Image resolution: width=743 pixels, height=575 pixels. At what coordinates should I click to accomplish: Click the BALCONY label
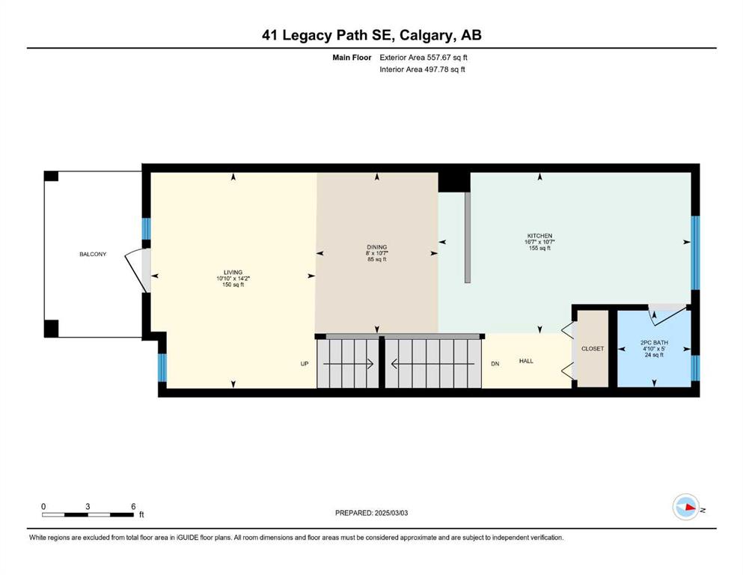tap(93, 254)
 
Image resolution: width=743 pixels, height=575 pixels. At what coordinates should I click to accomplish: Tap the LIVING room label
tap(233, 273)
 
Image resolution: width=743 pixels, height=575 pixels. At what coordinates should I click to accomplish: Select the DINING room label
tap(376, 247)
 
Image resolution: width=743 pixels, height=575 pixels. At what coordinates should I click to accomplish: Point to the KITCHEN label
tap(539, 236)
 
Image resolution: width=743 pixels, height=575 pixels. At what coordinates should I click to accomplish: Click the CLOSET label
tap(593, 348)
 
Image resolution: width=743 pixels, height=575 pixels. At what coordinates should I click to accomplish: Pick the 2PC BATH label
tap(655, 342)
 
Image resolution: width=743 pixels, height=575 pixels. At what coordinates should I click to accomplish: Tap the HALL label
tap(526, 361)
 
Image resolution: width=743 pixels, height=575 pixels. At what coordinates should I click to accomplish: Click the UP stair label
tap(305, 364)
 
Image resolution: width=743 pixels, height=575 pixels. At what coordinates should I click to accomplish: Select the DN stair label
tap(495, 364)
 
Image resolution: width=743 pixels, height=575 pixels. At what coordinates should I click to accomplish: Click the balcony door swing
tap(135, 268)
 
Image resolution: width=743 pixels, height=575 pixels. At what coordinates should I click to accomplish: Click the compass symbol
tap(686, 507)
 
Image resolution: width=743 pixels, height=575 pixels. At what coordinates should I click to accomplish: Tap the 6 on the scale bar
tap(133, 506)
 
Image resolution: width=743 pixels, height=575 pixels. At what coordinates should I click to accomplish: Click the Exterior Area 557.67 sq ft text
tap(424, 58)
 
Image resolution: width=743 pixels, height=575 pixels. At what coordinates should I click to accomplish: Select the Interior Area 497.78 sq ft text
tap(422, 69)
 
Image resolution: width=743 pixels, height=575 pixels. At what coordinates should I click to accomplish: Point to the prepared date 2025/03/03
tap(391, 513)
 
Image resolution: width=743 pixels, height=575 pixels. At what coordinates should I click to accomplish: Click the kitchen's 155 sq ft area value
tap(539, 248)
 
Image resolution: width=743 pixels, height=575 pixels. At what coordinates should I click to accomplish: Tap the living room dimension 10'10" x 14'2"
tap(233, 279)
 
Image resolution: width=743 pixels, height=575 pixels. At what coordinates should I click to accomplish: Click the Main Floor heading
tap(352, 58)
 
